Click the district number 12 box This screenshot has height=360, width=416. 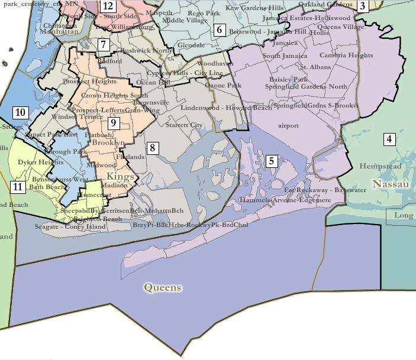tap(108, 7)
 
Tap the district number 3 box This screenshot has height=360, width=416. tap(362, 7)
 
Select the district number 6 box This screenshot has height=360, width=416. tap(219, 30)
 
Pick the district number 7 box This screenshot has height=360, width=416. tap(103, 44)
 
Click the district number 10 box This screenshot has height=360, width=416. tap(20, 112)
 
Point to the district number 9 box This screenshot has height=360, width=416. tap(114, 123)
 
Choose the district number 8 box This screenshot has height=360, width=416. tap(152, 148)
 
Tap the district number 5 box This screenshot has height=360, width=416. tap(271, 161)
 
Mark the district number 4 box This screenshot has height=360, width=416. tap(389, 140)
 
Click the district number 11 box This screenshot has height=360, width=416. tap(18, 187)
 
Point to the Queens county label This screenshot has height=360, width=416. tap(163, 288)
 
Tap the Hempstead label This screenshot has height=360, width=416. tap(380, 166)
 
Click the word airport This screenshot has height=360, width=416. tap(289, 125)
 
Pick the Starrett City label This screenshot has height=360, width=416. tap(184, 125)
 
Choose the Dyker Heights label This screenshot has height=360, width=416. tap(40, 162)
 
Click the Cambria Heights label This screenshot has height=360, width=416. tap(346, 56)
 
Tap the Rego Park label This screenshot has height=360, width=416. tap(204, 13)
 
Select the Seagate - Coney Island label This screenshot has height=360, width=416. tap(62, 227)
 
